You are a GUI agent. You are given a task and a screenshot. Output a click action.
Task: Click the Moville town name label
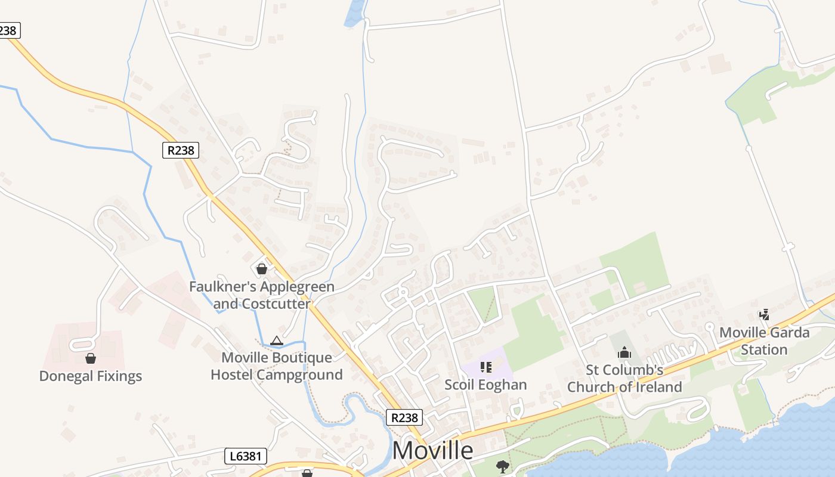tap(432, 450)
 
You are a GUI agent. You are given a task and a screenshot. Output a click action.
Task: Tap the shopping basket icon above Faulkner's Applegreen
tap(261, 269)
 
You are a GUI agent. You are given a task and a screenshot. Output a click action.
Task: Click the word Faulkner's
tap(216, 287)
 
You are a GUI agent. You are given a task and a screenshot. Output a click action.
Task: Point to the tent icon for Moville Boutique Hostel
tap(276, 341)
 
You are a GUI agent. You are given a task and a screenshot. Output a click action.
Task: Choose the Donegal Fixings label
tap(91, 376)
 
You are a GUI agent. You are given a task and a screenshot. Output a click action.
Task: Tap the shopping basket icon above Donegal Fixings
tap(91, 358)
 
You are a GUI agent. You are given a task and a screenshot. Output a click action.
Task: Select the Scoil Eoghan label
tap(485, 385)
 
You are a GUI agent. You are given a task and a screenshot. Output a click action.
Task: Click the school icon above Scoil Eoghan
tap(485, 367)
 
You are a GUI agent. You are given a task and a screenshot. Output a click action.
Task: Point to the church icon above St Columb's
tap(624, 353)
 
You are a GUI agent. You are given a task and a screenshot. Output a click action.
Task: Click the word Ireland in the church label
tap(658, 387)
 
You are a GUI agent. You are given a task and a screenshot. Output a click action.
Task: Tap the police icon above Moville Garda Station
tap(765, 314)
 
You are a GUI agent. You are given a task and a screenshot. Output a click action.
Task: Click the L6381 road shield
tap(246, 457)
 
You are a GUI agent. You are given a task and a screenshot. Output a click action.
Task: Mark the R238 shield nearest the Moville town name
tap(404, 417)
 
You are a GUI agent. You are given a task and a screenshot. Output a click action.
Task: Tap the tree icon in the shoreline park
tap(503, 466)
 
